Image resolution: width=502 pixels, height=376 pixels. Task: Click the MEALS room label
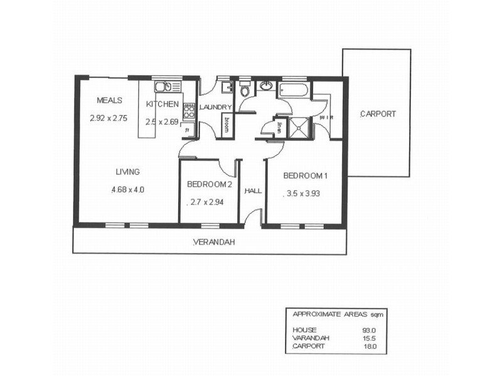tap(109, 100)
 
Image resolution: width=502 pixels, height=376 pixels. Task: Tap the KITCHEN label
tap(163, 104)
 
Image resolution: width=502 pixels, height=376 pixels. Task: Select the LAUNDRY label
tap(216, 107)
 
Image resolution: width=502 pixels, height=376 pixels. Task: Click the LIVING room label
tap(127, 172)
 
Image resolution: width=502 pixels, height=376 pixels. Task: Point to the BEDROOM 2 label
tap(210, 184)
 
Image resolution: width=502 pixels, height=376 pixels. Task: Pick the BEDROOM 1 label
tap(306, 175)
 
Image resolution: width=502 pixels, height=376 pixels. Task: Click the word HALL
tap(253, 191)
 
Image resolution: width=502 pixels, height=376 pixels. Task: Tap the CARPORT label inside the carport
tap(378, 114)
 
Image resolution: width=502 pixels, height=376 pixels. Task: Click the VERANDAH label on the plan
tap(213, 243)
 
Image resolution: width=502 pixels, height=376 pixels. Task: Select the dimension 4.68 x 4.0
tap(127, 189)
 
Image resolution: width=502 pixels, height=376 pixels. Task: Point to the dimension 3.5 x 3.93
tap(304, 193)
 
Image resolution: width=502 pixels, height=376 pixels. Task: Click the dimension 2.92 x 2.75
tap(109, 118)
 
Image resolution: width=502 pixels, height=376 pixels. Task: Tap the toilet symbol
tap(245, 90)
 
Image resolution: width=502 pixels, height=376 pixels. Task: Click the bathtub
tap(294, 90)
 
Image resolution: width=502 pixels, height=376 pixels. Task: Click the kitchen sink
tap(163, 87)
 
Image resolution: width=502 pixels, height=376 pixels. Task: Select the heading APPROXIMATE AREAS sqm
tap(333, 315)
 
